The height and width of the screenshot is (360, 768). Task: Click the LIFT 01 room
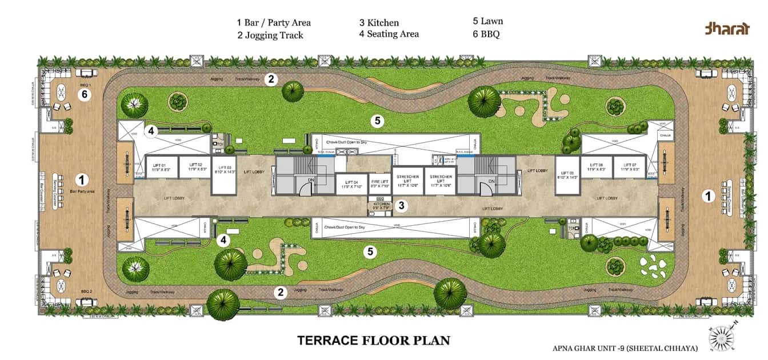tap(161, 167)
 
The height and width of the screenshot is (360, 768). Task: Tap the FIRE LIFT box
tap(379, 183)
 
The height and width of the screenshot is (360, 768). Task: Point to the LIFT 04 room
tap(351, 184)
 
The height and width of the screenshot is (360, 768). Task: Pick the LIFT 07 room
tap(629, 167)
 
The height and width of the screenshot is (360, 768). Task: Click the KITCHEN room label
tap(382, 206)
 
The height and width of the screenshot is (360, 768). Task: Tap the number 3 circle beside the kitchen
tap(402, 205)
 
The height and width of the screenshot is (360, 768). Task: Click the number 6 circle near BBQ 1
tap(84, 94)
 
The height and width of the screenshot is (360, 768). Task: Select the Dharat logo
tap(726, 29)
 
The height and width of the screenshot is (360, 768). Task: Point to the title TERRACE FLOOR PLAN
tap(374, 341)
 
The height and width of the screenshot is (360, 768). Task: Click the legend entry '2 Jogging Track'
tap(270, 35)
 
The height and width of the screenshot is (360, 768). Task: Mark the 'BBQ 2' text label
tap(86, 291)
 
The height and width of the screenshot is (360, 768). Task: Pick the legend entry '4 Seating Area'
tap(389, 34)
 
